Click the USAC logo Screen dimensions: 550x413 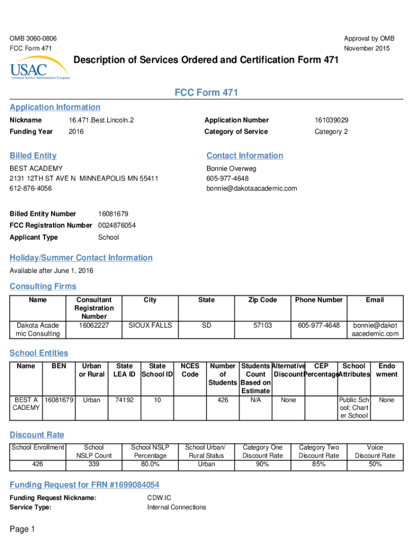click(39, 70)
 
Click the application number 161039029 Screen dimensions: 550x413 click(331, 120)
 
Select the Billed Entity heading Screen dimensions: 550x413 click(33, 156)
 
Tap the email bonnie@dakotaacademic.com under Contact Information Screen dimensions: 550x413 click(251, 189)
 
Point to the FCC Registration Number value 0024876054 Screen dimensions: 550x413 click(117, 226)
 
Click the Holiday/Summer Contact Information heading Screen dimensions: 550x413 click(81, 258)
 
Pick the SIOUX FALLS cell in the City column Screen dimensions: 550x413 click(150, 325)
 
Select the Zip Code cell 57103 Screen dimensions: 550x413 click(262, 325)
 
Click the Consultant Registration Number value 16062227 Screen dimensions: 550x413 click(94, 325)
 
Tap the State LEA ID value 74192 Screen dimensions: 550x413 click(124, 400)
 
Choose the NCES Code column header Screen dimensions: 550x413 click(190, 370)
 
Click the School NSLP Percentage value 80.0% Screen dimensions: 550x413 click(150, 464)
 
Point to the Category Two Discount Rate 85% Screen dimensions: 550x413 click(319, 464)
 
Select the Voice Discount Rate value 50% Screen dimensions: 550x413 click(375, 464)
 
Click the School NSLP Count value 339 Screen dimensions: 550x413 click(94, 464)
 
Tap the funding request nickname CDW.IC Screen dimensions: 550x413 click(159, 498)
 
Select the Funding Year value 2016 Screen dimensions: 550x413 click(76, 132)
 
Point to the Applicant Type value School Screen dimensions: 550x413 click(108, 237)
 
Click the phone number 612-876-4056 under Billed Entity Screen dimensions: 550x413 click(31, 189)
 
